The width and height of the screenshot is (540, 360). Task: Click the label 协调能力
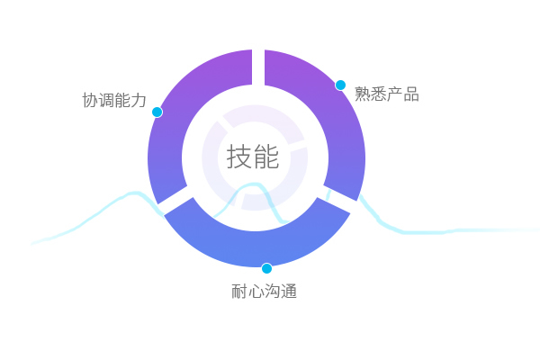[x=114, y=100]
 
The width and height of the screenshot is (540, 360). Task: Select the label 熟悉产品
[x=387, y=94]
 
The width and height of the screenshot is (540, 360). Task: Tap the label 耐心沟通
[x=264, y=291]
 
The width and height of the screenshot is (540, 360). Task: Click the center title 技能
[x=253, y=157]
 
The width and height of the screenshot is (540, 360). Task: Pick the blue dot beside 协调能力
[x=157, y=112]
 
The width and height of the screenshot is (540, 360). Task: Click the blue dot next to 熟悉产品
[x=340, y=85]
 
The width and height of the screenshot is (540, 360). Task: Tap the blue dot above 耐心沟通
[x=266, y=268]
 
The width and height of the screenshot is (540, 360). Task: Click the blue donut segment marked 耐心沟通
[x=256, y=248]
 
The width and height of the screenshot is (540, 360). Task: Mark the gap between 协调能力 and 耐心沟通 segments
[x=175, y=201]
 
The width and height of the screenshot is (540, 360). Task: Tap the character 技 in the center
[x=238, y=157]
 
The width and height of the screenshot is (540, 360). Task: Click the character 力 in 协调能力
[x=139, y=100]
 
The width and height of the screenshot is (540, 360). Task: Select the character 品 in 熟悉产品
[x=411, y=94]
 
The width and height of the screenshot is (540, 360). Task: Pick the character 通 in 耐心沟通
[x=289, y=291]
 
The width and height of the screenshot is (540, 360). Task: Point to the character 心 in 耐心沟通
[x=256, y=292]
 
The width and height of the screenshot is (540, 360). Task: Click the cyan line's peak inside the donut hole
[x=254, y=184]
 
